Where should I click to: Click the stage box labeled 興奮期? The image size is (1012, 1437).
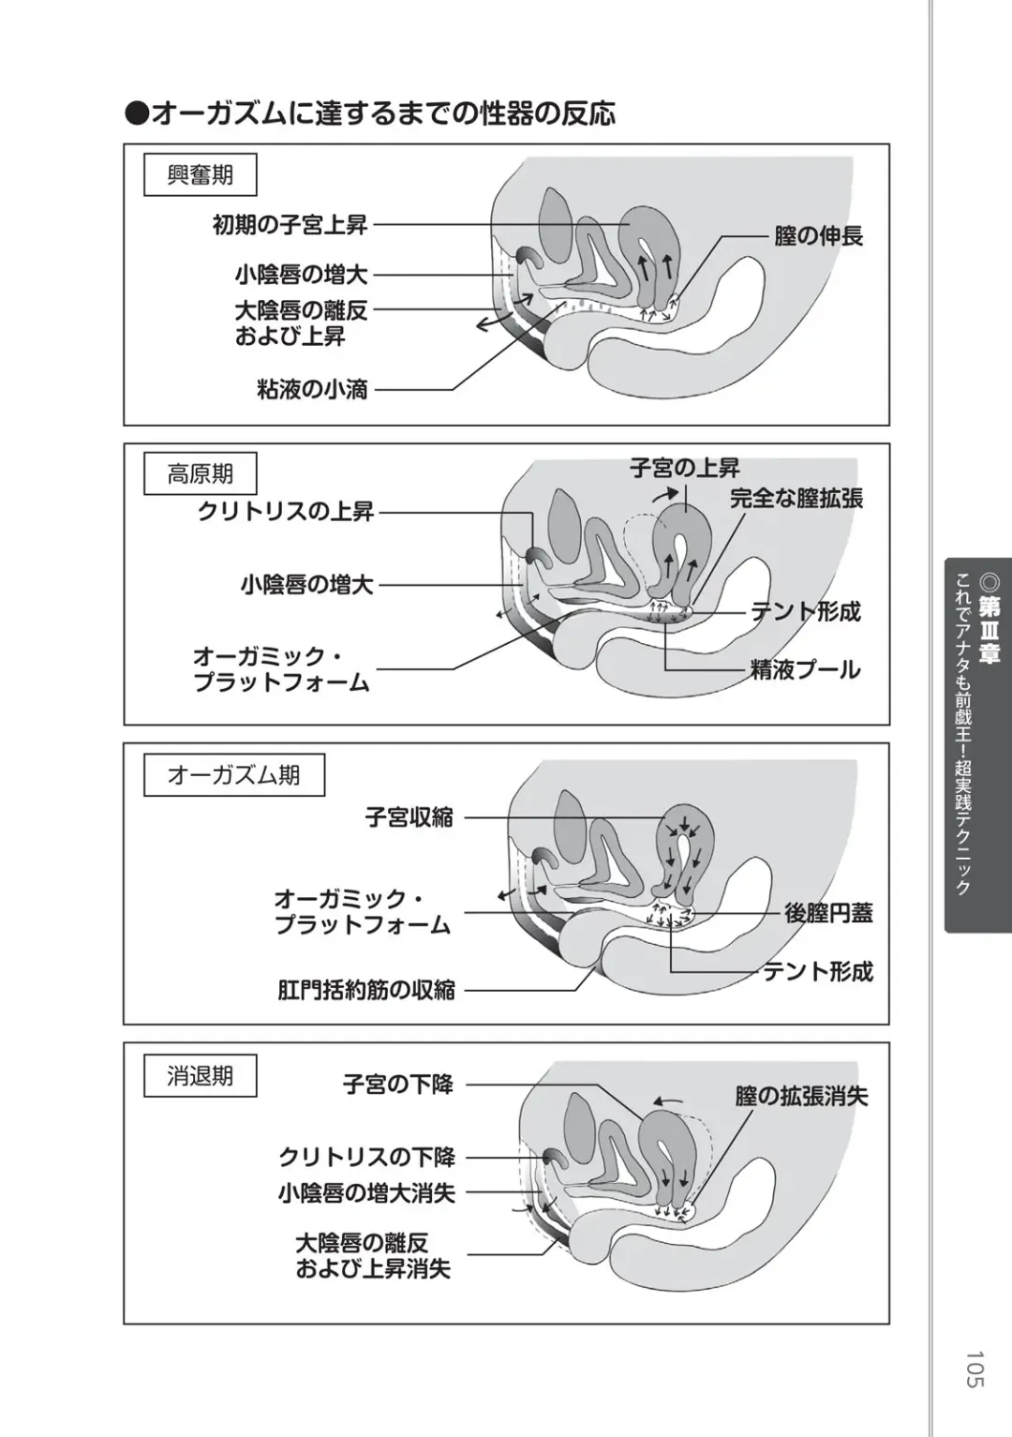click(x=200, y=175)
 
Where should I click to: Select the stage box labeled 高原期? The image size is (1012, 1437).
click(x=200, y=474)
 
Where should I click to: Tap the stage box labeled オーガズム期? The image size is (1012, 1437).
click(x=233, y=775)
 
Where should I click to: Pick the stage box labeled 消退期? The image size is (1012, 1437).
click(x=200, y=1075)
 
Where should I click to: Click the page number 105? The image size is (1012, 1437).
click(x=974, y=1369)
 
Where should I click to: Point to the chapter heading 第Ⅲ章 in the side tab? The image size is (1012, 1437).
click(x=989, y=630)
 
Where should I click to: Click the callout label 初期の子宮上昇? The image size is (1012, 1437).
click(x=290, y=225)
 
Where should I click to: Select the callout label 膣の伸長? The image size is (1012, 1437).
click(x=818, y=236)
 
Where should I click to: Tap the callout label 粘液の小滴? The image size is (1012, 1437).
click(x=312, y=390)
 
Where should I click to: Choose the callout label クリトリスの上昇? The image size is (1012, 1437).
click(x=286, y=512)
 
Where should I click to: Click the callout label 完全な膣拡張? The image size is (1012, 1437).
click(x=796, y=499)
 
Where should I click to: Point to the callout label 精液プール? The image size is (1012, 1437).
click(x=805, y=670)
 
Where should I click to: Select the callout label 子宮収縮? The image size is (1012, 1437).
click(x=409, y=817)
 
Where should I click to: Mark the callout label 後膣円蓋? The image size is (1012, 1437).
click(x=828, y=913)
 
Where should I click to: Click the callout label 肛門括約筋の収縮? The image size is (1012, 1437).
click(x=366, y=990)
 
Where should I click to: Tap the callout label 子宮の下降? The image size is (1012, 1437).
click(x=398, y=1085)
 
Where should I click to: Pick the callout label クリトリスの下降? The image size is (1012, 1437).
click(x=367, y=1157)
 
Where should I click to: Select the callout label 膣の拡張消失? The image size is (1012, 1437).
click(x=801, y=1096)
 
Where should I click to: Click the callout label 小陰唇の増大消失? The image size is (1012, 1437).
click(x=366, y=1193)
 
